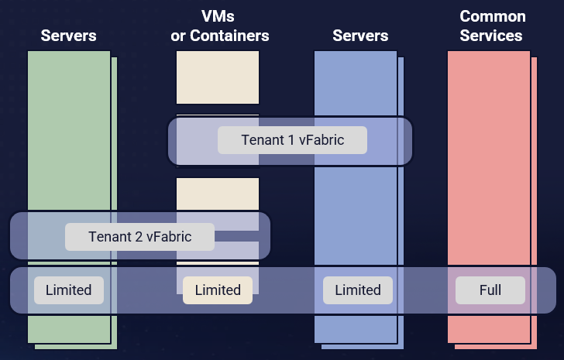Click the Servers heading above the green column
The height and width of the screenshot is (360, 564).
pos(68,36)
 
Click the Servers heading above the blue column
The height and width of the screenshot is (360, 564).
pos(360,36)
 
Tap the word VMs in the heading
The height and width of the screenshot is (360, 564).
pos(219,16)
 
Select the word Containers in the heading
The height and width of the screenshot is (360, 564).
pos(229,36)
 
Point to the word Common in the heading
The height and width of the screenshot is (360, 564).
pos(493,16)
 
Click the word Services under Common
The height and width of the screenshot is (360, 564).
pos(491,36)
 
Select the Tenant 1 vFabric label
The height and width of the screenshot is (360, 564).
pos(292,140)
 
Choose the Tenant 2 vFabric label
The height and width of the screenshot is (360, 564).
pos(139,237)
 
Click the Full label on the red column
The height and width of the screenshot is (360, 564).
pos(490,290)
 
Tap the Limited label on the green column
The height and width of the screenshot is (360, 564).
pos(68,290)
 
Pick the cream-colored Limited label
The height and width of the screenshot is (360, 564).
pos(218,290)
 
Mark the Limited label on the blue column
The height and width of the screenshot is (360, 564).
pos(358,290)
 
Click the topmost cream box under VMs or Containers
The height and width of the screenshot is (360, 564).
pos(218,77)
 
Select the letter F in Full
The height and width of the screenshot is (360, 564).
pos(481,290)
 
